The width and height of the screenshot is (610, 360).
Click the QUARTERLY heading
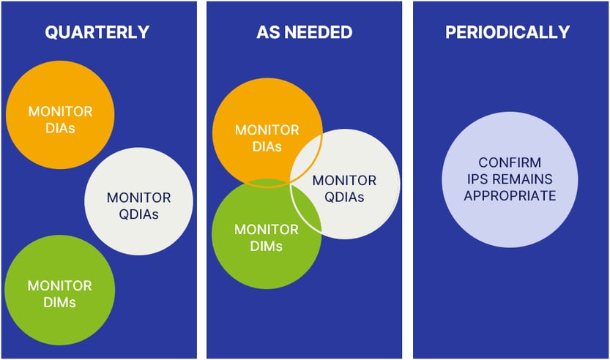(x=97, y=32)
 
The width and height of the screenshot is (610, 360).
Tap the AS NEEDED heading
(x=304, y=32)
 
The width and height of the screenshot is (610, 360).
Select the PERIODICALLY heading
(x=507, y=32)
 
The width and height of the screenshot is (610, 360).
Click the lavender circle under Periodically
(x=510, y=180)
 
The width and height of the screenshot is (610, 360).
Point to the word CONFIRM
(x=510, y=162)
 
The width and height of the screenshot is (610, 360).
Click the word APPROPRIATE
(x=510, y=196)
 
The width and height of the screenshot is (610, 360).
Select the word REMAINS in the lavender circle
(x=526, y=179)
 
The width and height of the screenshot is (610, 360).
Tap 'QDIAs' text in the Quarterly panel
(x=138, y=214)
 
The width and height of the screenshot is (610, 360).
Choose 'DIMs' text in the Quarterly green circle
(x=60, y=301)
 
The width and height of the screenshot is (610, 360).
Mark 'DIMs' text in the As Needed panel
(x=267, y=246)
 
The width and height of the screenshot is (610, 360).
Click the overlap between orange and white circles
(x=308, y=157)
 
